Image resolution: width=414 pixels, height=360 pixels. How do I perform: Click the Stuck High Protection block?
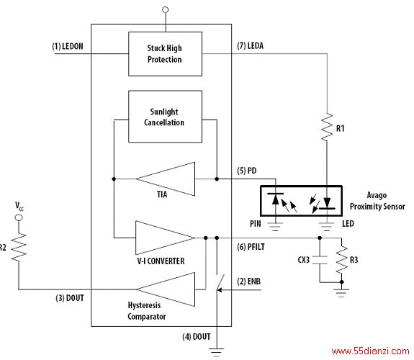pyautogui.click(x=166, y=54)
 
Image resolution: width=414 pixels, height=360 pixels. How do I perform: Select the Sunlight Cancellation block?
pyautogui.click(x=166, y=117)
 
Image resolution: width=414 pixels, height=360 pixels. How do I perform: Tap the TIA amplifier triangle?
pyautogui.click(x=166, y=179)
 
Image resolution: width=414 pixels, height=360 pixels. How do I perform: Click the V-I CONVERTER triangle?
pyautogui.click(x=166, y=238)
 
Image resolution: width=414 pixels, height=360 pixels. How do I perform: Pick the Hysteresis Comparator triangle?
pyautogui.click(x=166, y=289)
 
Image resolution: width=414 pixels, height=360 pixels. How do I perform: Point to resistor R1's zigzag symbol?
pyautogui.click(x=327, y=127)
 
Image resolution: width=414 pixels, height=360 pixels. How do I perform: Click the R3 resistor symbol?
pyautogui.click(x=342, y=259)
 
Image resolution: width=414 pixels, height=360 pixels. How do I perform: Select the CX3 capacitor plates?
pyautogui.click(x=320, y=260)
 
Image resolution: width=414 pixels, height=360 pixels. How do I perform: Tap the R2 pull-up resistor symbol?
pyautogui.click(x=19, y=248)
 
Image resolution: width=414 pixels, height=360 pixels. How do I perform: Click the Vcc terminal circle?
pyautogui.click(x=19, y=217)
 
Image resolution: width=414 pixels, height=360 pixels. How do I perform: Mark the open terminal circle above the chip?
pyautogui.click(x=166, y=10)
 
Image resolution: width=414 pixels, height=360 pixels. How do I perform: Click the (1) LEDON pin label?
pyautogui.click(x=68, y=47)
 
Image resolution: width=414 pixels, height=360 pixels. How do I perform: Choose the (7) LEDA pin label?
pyautogui.click(x=251, y=45)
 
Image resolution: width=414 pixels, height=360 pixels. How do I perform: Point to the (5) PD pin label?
pyautogui.click(x=247, y=171)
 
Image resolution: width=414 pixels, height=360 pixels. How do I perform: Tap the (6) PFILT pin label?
pyautogui.click(x=251, y=247)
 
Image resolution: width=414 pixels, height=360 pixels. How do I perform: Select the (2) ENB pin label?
pyautogui.click(x=248, y=282)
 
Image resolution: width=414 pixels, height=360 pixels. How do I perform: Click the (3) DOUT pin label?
pyautogui.click(x=70, y=298)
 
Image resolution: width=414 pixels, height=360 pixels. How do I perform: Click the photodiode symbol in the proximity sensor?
pyautogui.click(x=275, y=199)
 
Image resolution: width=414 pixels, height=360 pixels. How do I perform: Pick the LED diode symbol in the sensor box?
pyautogui.click(x=327, y=203)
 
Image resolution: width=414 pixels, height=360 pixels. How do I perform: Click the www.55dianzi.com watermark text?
pyautogui.click(x=370, y=351)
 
